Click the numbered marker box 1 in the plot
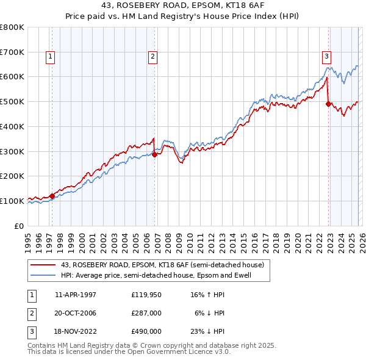coord(49,57)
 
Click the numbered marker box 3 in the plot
coord(326,57)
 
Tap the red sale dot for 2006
coord(155,154)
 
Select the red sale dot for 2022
coord(329,104)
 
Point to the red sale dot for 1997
coord(52,196)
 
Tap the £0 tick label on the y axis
coord(18,226)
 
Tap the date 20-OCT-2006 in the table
coord(75,313)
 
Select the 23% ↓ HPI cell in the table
coord(209,331)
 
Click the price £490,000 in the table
coord(146,331)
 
